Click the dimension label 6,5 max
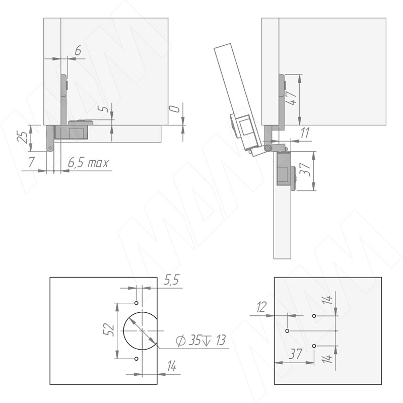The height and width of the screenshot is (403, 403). click(88, 163)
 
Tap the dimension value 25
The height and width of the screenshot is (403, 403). click(22, 137)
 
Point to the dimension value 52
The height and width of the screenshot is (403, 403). click(108, 330)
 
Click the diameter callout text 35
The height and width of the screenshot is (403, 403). click(195, 341)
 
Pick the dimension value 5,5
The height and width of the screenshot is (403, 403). click(172, 280)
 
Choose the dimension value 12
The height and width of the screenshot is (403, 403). click(261, 307)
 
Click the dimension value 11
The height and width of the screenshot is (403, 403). click(305, 133)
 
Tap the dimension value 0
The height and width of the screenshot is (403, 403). click(175, 109)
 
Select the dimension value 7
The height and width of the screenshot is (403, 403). click(31, 162)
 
